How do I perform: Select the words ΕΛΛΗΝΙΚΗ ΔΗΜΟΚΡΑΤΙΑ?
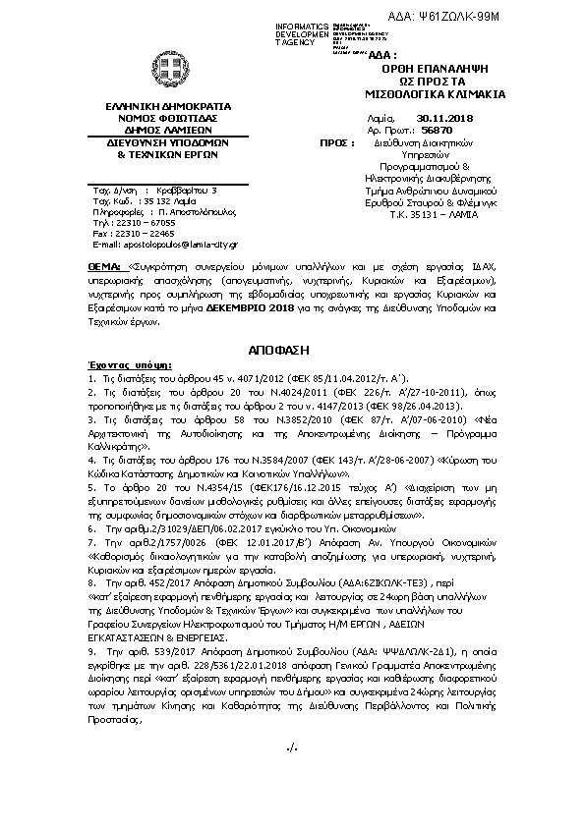(159, 104)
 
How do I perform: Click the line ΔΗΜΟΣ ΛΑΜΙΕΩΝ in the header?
(159, 128)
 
